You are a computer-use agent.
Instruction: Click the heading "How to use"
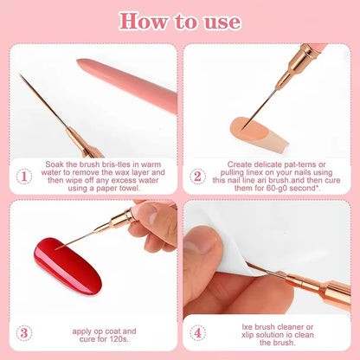click(179, 21)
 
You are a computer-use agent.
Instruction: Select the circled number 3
click(24, 331)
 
